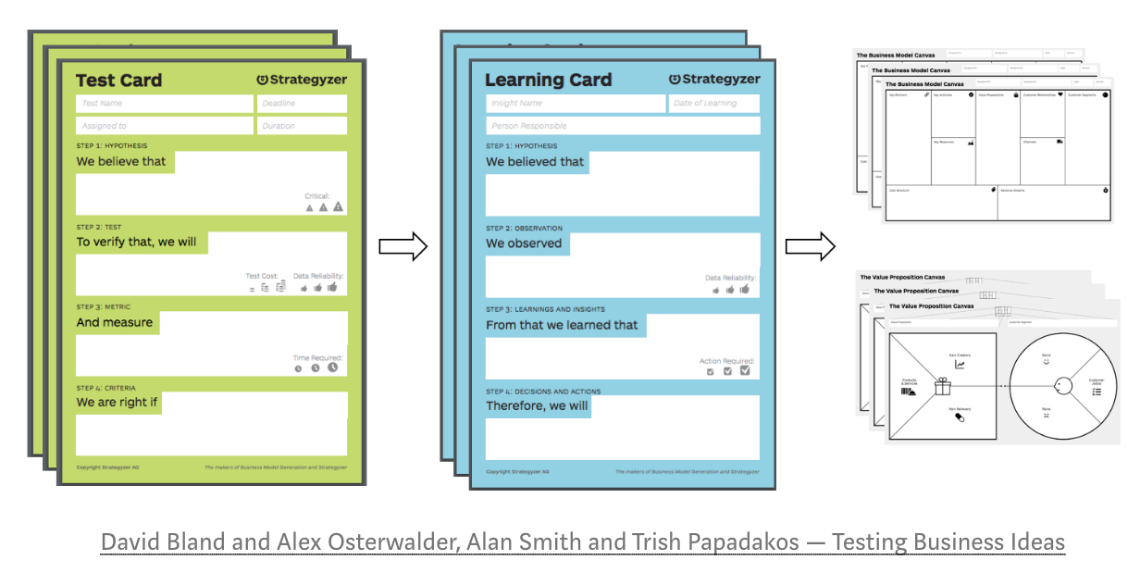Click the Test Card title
[x=118, y=81]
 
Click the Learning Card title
[x=548, y=81]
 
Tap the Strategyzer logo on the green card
[x=301, y=80]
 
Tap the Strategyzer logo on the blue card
[x=713, y=80]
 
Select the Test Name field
[x=164, y=104]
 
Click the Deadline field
[x=302, y=104]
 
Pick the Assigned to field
[x=164, y=126]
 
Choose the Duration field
[x=302, y=126]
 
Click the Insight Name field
[x=575, y=104]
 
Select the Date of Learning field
[x=713, y=104]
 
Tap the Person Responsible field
[x=622, y=126]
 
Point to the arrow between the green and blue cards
[x=403, y=247]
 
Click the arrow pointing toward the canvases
[x=810, y=247]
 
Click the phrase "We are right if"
[x=118, y=403]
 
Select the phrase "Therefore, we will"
[x=537, y=405]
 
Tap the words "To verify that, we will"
[x=136, y=243]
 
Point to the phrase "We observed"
[x=524, y=243]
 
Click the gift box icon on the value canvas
[x=943, y=384]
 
